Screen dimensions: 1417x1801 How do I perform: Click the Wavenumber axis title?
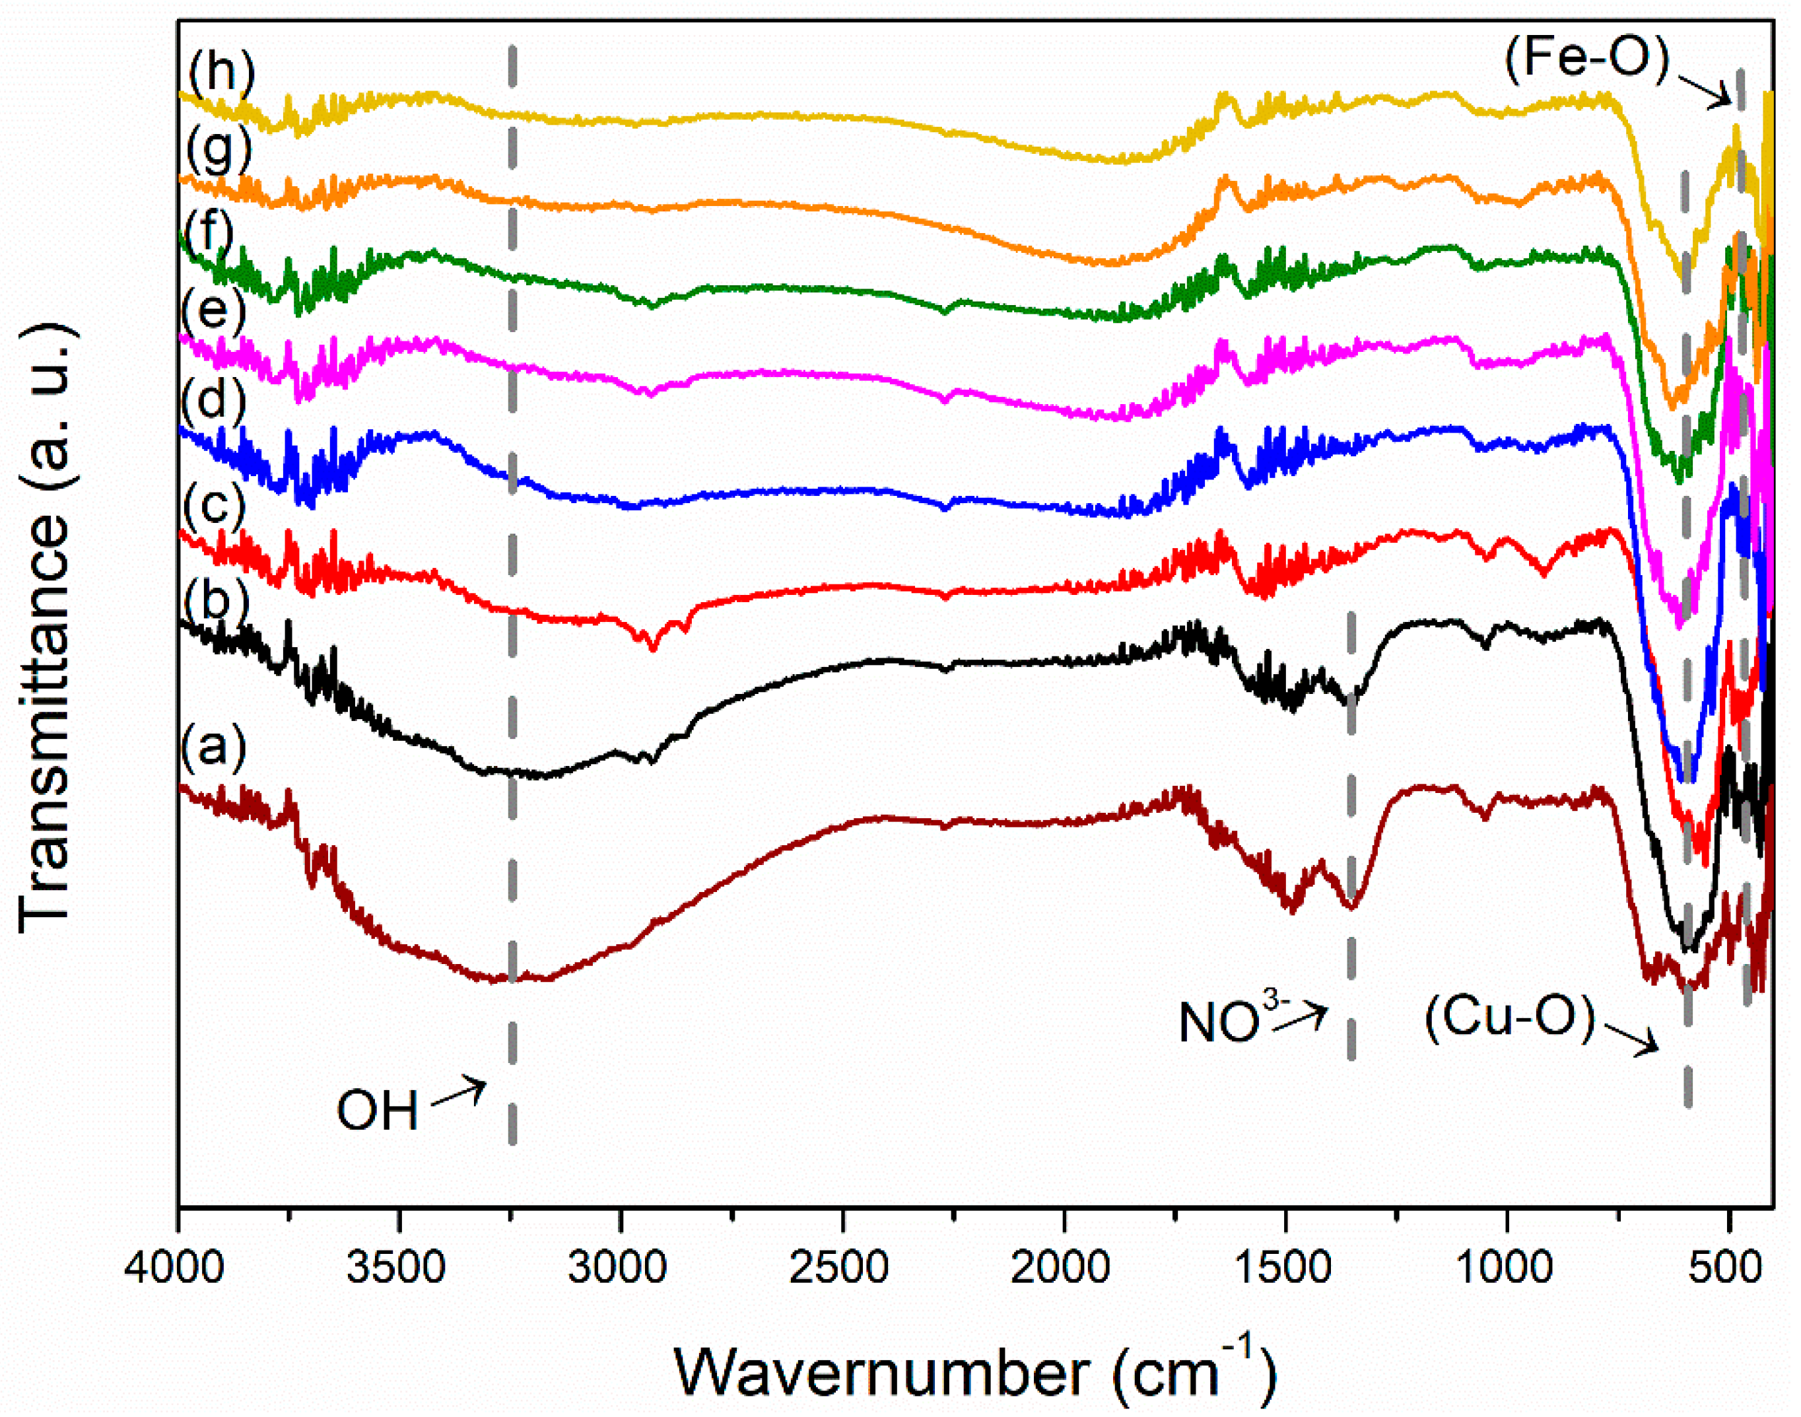(974, 1371)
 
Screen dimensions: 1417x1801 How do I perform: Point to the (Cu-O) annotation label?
(1511, 1016)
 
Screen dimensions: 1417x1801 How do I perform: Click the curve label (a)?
(214, 747)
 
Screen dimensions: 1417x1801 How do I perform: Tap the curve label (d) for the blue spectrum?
(214, 400)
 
